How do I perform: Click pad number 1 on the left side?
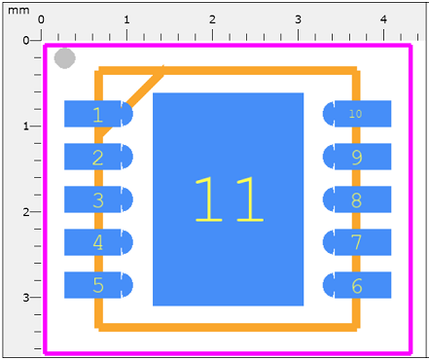pos(97,115)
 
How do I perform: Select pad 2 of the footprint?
pos(97,157)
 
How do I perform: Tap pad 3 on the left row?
pos(97,199)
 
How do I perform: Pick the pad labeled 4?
pos(97,242)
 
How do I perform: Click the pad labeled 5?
pos(97,285)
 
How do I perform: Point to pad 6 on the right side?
pos(357,285)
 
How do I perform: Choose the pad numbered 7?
pos(357,242)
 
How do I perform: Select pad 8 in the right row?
pos(357,199)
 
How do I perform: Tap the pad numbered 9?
pos(357,157)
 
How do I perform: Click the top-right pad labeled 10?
pos(356,114)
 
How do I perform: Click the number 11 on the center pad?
pos(229,200)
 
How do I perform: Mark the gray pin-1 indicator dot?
pos(64,58)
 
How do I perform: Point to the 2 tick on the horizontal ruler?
pos(212,20)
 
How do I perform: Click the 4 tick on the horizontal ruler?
pos(383,20)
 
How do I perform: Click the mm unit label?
pos(19,8)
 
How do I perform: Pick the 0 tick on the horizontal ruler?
pos(41,20)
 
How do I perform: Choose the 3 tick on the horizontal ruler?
pos(298,20)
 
